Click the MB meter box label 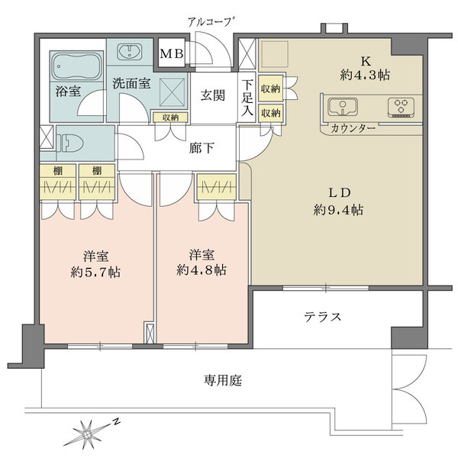click(171, 55)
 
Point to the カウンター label click(353, 128)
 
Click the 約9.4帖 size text click(335, 209)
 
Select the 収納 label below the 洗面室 click(170, 117)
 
